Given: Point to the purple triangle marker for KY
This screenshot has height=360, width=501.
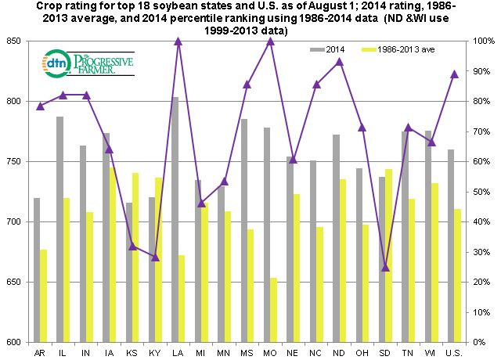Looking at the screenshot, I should (x=155, y=257).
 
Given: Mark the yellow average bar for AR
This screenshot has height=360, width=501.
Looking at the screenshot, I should (x=44, y=295).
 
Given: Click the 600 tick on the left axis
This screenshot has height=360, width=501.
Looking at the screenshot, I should (x=13, y=342).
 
